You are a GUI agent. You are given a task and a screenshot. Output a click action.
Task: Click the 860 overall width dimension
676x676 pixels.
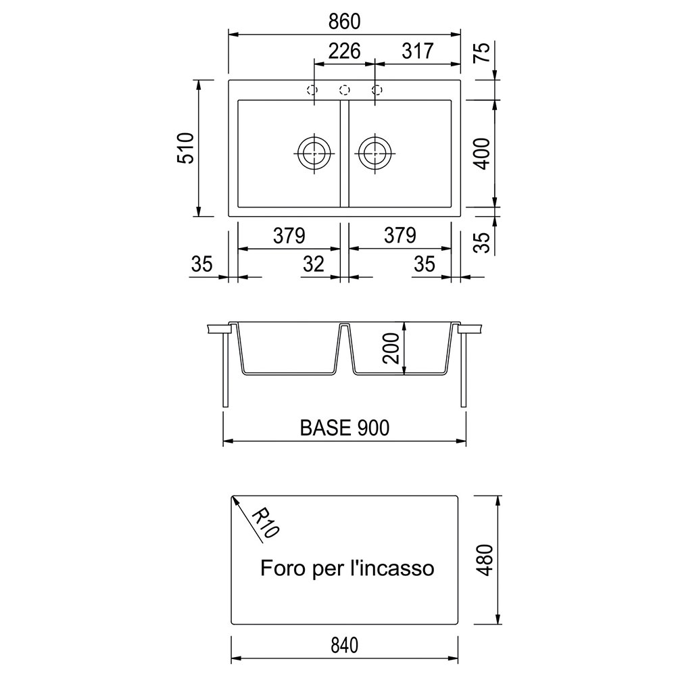[x=344, y=22]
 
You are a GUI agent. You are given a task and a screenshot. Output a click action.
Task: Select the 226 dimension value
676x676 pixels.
[x=344, y=51]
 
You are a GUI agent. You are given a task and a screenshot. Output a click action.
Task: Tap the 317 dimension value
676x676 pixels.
[x=417, y=51]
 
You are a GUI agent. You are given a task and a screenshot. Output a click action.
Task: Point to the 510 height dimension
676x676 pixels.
[x=186, y=148]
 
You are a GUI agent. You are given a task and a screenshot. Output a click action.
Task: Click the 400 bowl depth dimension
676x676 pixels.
[x=482, y=153]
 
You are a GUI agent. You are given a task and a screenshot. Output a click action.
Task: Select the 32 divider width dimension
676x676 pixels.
[x=314, y=264]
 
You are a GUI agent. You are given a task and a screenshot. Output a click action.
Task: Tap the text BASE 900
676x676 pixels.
[x=345, y=428]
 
